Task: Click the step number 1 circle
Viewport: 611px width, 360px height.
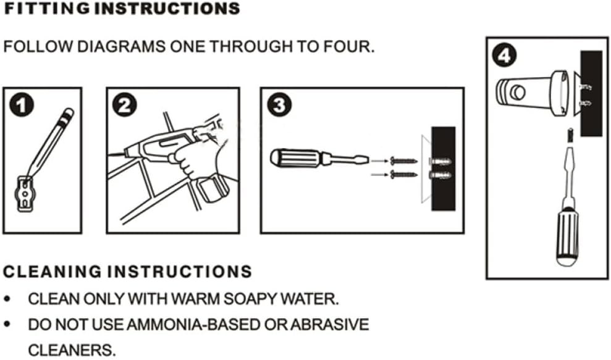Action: (x=22, y=105)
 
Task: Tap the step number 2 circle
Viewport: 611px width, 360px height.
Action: (x=125, y=105)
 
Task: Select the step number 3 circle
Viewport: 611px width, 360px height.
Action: (x=279, y=105)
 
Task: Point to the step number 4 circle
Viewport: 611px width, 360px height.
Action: (x=504, y=56)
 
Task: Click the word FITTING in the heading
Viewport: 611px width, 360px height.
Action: (x=47, y=9)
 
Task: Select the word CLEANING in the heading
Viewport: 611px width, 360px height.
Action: (x=52, y=272)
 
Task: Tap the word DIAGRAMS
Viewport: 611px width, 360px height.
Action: (x=121, y=47)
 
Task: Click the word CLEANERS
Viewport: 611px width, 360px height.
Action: (x=72, y=350)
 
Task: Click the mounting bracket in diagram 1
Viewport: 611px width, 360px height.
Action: (x=25, y=194)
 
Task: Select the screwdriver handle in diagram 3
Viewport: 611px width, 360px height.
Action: (x=295, y=158)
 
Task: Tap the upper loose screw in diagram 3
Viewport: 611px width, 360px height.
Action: (x=403, y=161)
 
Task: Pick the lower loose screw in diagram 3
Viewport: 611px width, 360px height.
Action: (x=403, y=175)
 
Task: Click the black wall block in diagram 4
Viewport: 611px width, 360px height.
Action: (x=591, y=93)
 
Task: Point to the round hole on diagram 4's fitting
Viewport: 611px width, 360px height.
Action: (x=518, y=93)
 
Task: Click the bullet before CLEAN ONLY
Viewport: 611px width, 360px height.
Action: (x=7, y=299)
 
